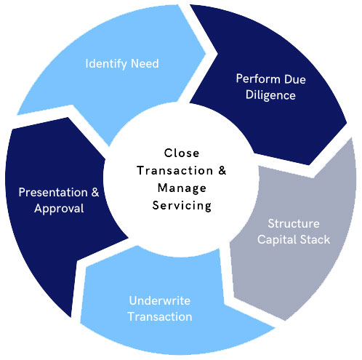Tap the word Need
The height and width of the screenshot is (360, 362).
pos(145,63)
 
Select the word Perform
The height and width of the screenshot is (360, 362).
pos(258,79)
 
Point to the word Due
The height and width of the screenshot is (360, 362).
pos(295,79)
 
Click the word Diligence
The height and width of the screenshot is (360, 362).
pos(270,95)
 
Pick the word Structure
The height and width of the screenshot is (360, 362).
pos(294,223)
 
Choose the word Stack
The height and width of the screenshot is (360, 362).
pos(315,239)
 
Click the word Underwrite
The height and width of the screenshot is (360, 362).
pos(160,300)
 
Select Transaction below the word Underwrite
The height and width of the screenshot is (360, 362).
pos(160,316)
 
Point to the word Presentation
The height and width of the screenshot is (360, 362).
pos(53,193)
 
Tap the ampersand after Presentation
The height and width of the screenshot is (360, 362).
pos(95,192)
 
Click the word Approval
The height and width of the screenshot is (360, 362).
pos(59,209)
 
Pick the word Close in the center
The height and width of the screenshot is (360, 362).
pos(182,153)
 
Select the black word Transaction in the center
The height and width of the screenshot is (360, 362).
pos(175,170)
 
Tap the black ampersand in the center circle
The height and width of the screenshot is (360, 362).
pos(222,170)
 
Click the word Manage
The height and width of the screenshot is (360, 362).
pos(182,188)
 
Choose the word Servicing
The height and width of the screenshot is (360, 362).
pos(182,206)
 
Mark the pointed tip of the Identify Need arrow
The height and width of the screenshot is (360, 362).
pos(206,54)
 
